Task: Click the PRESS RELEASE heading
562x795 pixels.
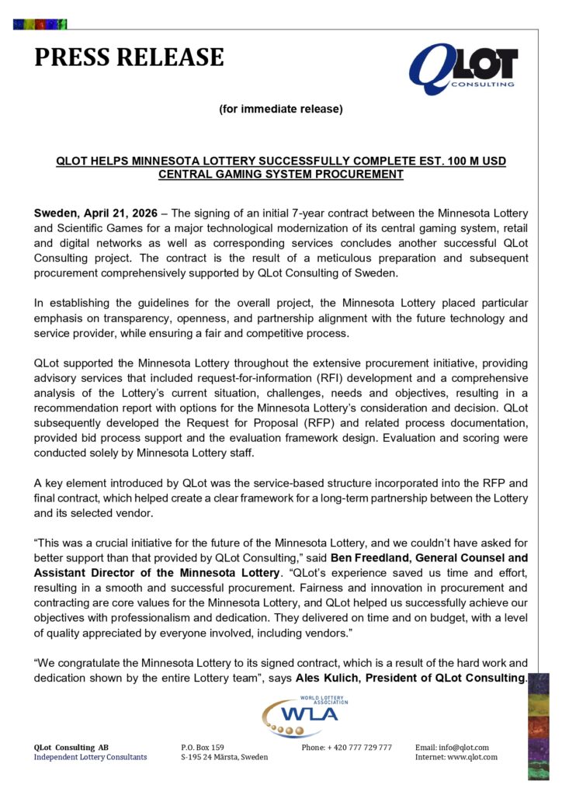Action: tap(129, 57)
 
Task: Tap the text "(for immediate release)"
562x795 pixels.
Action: tap(281, 109)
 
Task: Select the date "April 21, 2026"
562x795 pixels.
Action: tap(123, 213)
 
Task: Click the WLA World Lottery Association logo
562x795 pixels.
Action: tap(305, 717)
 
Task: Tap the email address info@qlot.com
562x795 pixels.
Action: tap(463, 748)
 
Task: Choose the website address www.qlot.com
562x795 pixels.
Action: tap(470, 757)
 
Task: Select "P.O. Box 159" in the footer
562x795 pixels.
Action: tap(203, 748)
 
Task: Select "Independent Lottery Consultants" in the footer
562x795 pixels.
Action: tap(90, 757)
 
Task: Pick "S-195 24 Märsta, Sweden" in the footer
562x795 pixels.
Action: tap(224, 757)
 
